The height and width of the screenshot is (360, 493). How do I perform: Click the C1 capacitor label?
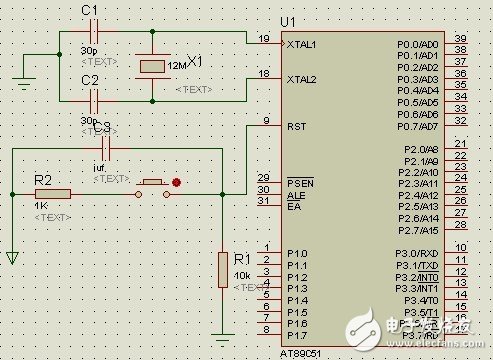click(x=90, y=10)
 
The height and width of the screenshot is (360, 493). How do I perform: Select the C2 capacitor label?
click(x=90, y=78)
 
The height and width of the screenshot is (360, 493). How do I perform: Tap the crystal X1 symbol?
click(x=152, y=66)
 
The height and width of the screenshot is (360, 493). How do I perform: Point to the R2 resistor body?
click(x=54, y=194)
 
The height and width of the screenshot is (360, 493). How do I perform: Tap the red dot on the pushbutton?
click(x=177, y=183)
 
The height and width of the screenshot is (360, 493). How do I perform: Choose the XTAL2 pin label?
click(x=301, y=79)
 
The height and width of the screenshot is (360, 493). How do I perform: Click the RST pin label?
click(x=295, y=127)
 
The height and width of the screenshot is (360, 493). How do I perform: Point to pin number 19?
click(x=264, y=39)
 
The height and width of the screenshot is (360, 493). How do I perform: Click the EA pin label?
click(x=293, y=207)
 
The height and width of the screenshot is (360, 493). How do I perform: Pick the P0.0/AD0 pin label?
click(x=417, y=45)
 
